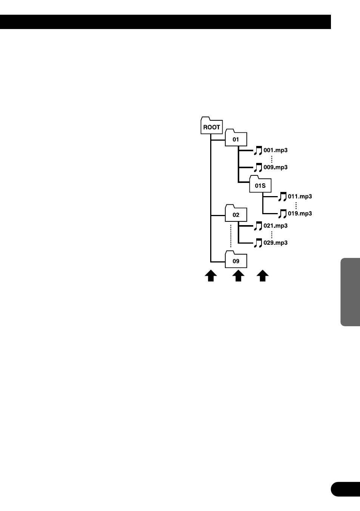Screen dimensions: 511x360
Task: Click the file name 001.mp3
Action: (275, 150)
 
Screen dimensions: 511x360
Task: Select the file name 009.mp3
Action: (275, 167)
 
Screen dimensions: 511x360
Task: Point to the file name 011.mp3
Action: (300, 196)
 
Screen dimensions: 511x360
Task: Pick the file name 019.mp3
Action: (300, 213)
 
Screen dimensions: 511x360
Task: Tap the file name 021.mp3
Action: (275, 226)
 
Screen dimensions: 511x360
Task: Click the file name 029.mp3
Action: (275, 242)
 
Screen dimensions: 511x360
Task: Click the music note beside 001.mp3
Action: (258, 150)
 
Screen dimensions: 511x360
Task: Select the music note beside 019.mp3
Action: (283, 214)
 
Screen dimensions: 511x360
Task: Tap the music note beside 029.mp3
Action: (258, 243)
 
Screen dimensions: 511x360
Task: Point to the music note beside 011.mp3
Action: (283, 196)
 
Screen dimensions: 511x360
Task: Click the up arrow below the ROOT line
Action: (211, 276)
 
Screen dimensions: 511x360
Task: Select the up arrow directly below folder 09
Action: (238, 276)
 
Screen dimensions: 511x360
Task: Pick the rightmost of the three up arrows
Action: (263, 276)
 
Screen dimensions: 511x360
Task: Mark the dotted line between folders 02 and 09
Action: (231, 236)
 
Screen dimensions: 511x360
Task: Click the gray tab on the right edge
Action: (350, 292)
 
